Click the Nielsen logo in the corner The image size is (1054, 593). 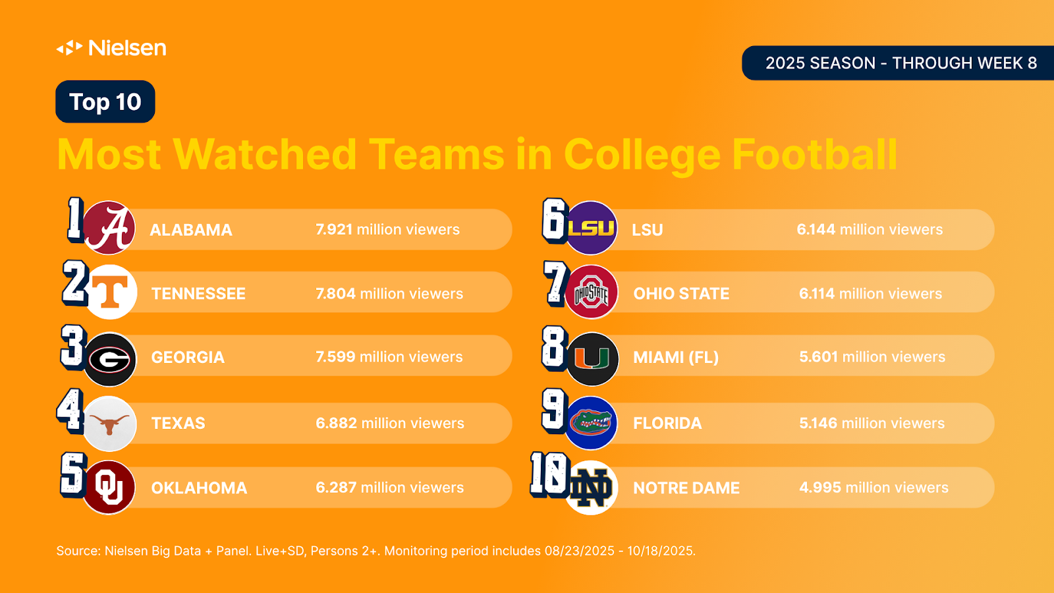click(111, 47)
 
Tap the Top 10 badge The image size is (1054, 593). click(105, 102)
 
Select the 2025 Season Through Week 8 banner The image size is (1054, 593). click(901, 63)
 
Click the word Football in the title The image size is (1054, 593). click(814, 155)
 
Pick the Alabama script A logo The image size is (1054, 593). click(109, 228)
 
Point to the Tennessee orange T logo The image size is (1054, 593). click(110, 292)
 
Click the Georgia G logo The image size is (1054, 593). click(109, 359)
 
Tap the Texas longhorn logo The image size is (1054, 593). click(109, 424)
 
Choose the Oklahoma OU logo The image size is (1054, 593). click(109, 488)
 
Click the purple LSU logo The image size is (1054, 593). click(591, 228)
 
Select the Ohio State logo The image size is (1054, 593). click(592, 293)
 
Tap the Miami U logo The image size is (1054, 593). click(592, 359)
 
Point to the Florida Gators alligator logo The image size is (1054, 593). click(591, 422)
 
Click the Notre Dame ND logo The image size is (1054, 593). click(591, 488)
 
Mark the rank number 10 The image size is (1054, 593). click(549, 474)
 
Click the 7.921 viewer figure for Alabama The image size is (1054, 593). click(334, 229)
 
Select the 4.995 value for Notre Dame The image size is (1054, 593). click(820, 488)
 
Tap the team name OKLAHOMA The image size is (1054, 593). click(199, 488)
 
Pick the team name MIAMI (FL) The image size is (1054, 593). click(675, 358)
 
